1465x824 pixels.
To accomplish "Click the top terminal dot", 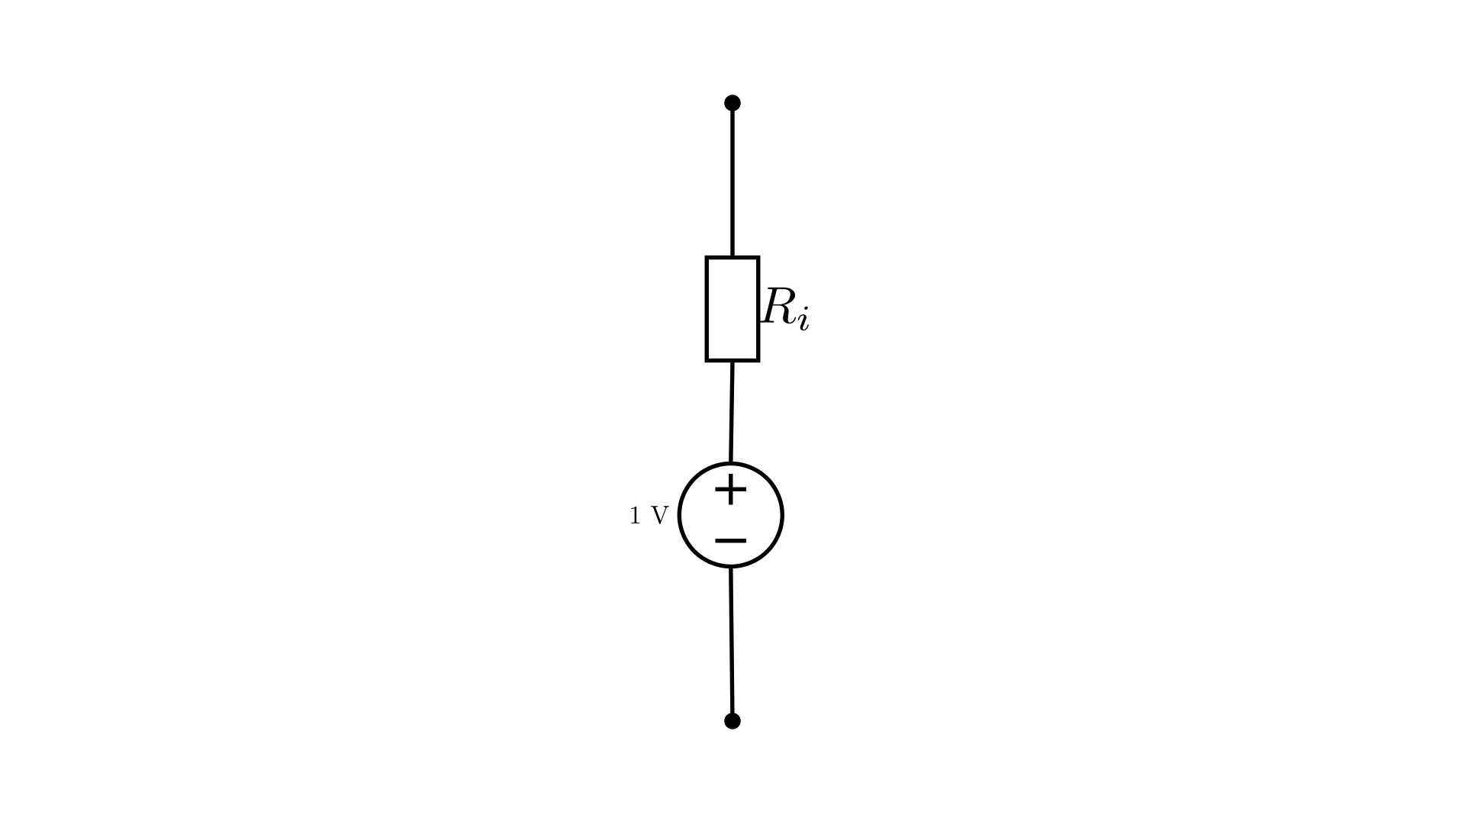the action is tap(732, 103).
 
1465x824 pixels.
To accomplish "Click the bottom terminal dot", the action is tap(732, 721).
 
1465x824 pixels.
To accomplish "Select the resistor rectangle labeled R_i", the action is tap(732, 309).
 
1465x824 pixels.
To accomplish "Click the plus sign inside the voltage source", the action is tap(731, 490).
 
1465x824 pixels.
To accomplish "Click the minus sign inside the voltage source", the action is tap(731, 541).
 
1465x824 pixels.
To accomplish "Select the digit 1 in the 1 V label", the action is tap(635, 517).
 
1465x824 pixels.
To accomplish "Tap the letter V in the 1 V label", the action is tap(659, 517).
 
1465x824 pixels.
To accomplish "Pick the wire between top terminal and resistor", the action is tap(732, 180).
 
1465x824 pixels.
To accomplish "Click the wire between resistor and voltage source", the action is tap(732, 412).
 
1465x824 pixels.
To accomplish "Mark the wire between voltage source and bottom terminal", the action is tap(732, 644).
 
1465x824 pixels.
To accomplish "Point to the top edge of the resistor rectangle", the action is tap(732, 257).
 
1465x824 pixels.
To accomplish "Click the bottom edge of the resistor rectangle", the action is tap(732, 360).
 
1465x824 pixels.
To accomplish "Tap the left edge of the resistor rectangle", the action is tap(707, 309).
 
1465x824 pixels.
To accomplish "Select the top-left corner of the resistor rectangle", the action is tap(707, 257).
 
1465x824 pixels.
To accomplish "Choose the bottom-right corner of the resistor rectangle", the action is tap(758, 360).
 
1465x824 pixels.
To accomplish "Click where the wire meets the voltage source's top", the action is tap(731, 463).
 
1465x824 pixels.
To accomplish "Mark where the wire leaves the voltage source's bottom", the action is tap(731, 567).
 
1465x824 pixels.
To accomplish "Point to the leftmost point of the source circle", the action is tap(679, 515).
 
